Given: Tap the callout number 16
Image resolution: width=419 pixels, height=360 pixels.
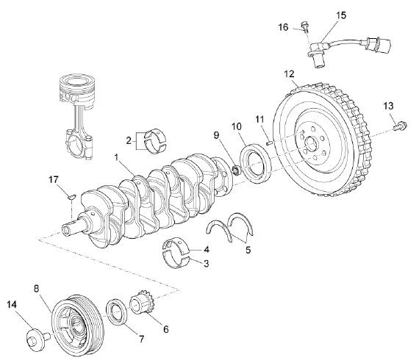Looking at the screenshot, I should pos(284,27).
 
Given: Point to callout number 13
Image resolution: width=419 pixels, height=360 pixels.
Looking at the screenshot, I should pos(388,107).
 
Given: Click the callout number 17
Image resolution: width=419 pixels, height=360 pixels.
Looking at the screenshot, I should pos(53,179).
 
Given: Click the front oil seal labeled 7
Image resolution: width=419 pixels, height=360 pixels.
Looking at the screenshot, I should pos(117,310).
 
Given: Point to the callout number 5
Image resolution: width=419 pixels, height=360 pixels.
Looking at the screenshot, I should pos(248,250).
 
